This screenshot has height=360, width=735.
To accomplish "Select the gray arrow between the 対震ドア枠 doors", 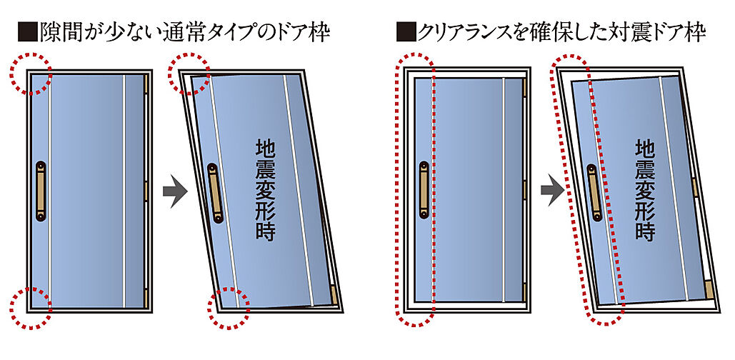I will [551, 191].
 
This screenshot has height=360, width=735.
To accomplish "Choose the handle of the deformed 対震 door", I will [595, 189].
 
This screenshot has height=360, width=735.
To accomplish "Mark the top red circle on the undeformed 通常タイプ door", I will [31, 74].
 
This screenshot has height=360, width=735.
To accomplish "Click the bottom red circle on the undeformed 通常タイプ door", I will [31, 308].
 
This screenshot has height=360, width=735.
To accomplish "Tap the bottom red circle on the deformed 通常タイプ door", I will [228, 309].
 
